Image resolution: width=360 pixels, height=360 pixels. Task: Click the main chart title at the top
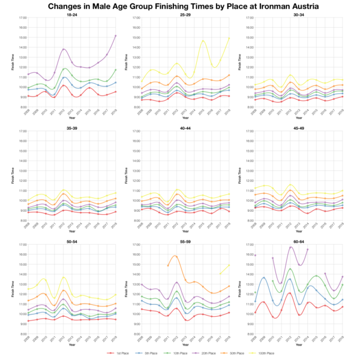click(x=180, y=7)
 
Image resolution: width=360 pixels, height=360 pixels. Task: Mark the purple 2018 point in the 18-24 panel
click(x=115, y=36)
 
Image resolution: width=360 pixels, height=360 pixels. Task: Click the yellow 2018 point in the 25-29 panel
click(x=227, y=38)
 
